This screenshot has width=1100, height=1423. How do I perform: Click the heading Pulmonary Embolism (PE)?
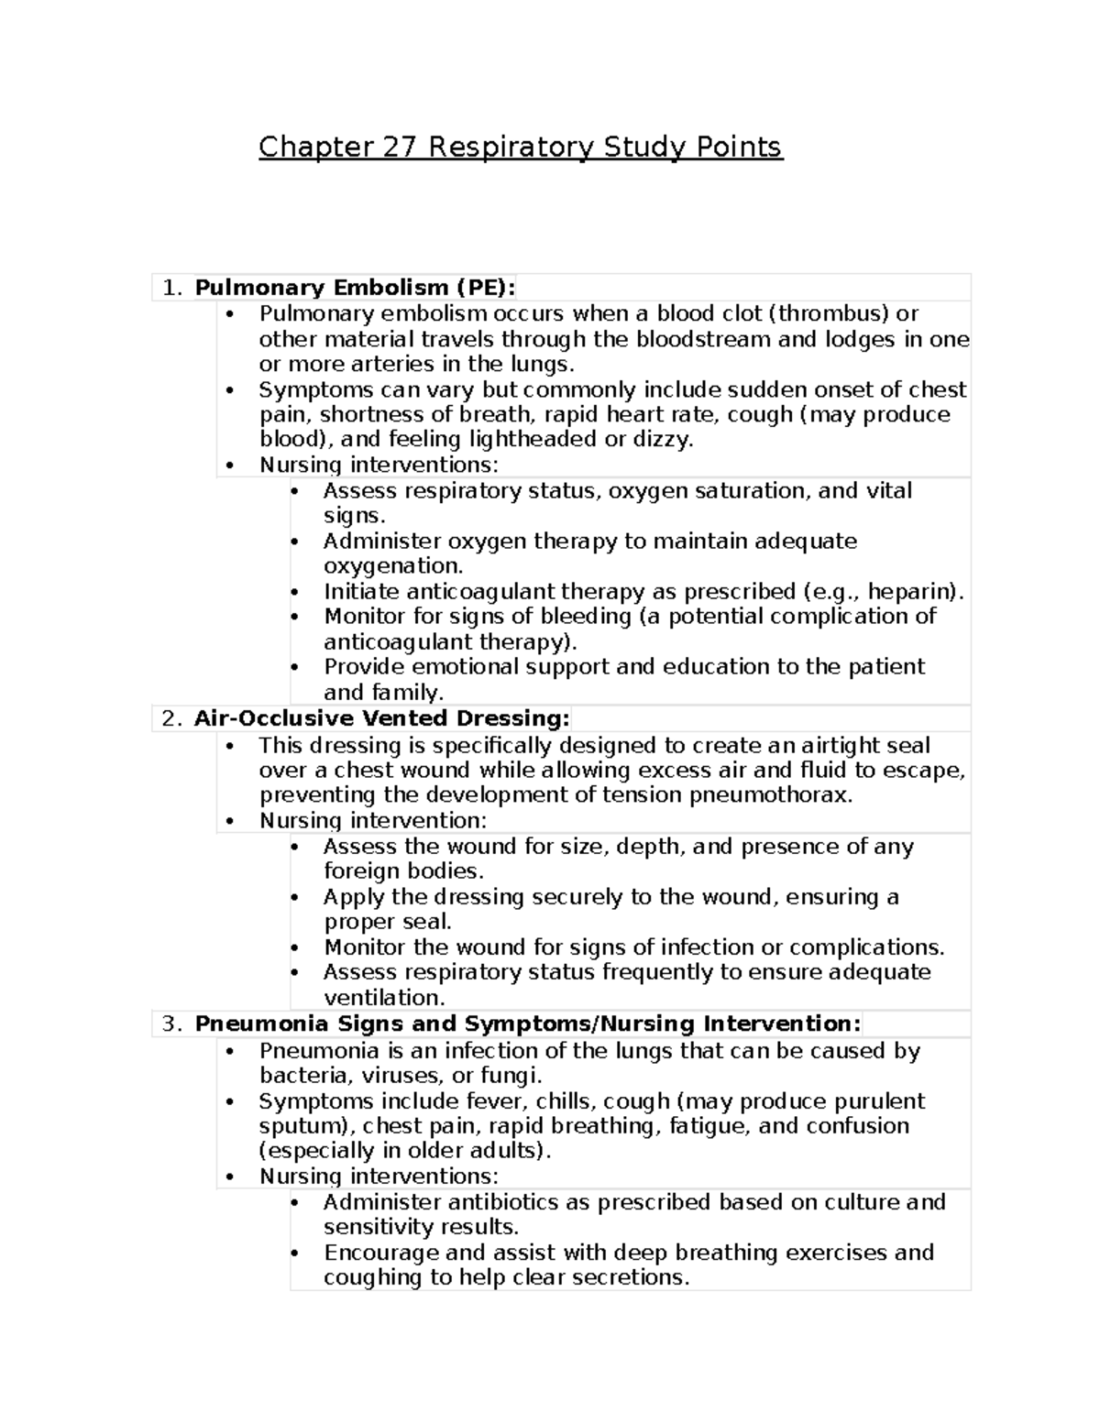pyautogui.click(x=355, y=288)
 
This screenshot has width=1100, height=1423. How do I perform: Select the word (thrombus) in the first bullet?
pyautogui.click(x=830, y=313)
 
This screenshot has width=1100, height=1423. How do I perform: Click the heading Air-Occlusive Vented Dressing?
pyautogui.click(x=381, y=717)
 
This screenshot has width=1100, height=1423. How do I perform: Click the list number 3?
pyautogui.click(x=170, y=1023)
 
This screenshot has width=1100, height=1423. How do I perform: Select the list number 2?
pyautogui.click(x=170, y=717)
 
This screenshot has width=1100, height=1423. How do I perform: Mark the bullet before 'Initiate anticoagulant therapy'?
pyautogui.click(x=294, y=592)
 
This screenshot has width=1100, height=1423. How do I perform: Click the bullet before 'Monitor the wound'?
pyautogui.click(x=294, y=947)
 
